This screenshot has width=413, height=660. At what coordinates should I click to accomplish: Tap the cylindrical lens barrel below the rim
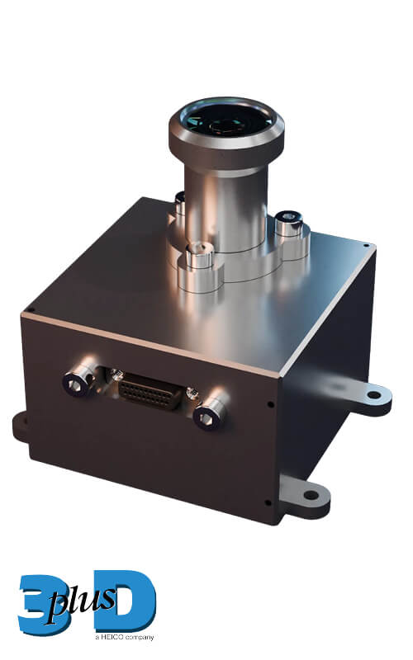(226, 206)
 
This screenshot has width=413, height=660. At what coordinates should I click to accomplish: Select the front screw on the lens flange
(198, 256)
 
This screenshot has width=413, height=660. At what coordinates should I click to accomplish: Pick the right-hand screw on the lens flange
(289, 223)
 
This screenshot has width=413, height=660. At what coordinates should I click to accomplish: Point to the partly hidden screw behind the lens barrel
(180, 203)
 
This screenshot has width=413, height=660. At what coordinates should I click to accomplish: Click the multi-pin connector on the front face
(150, 391)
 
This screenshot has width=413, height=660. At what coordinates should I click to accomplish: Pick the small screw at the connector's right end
(192, 393)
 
